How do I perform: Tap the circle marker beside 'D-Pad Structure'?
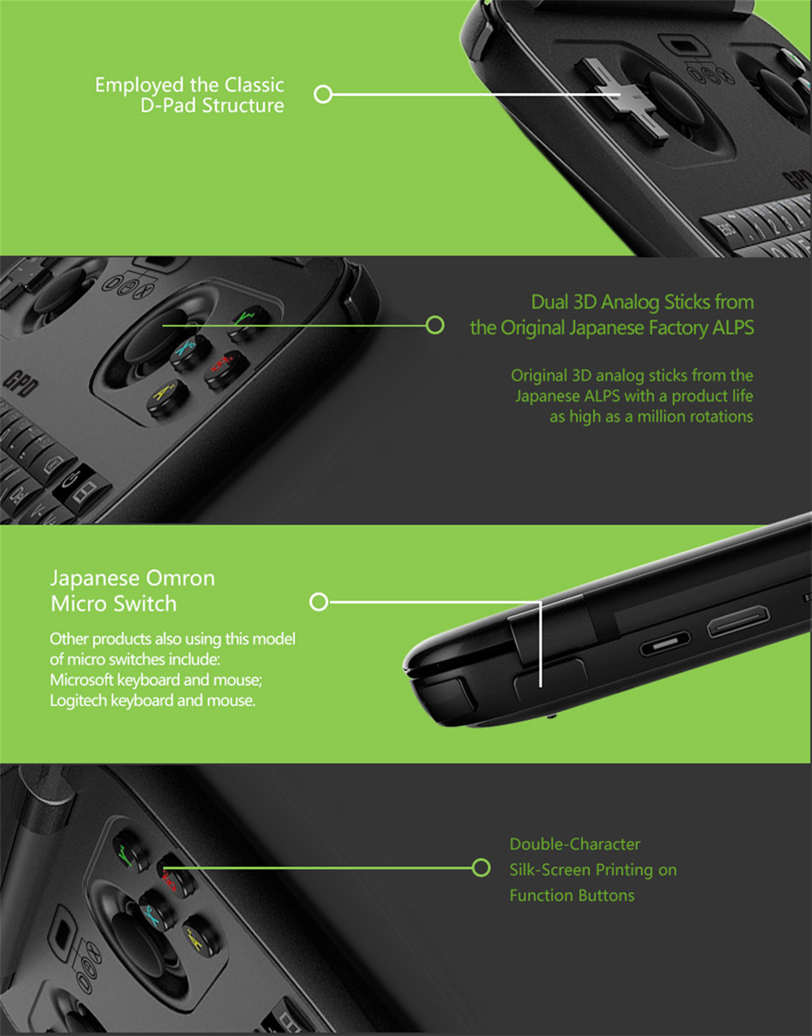pos(323,94)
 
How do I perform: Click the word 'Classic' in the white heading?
pos(254,85)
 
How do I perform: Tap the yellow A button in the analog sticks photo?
pos(168,398)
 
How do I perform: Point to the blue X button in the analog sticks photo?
pos(190,352)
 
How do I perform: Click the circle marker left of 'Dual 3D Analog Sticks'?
pos(434,325)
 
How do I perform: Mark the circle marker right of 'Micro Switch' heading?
pos(319,602)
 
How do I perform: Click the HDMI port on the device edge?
pos(738,621)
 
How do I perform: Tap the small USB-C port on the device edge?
pos(665,644)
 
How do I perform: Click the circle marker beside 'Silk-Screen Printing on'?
pos(481,868)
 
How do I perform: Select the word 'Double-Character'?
pos(575,845)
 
